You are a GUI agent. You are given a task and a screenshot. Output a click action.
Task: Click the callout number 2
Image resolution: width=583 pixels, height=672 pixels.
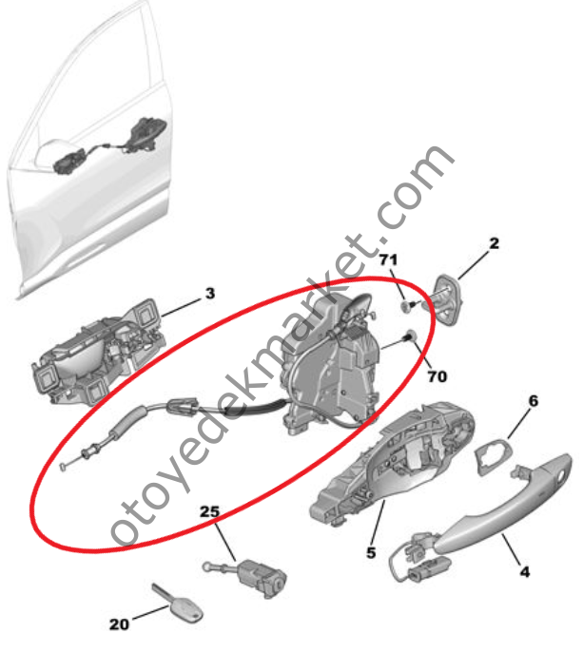(x=495, y=244)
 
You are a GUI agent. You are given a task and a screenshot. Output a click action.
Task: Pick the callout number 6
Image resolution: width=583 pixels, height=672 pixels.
(x=533, y=401)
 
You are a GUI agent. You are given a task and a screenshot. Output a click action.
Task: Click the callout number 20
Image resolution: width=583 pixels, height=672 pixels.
(x=119, y=624)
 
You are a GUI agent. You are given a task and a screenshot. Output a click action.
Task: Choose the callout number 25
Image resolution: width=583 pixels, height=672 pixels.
(x=209, y=511)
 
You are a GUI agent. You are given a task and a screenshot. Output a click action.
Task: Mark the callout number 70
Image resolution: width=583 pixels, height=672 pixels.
(x=436, y=376)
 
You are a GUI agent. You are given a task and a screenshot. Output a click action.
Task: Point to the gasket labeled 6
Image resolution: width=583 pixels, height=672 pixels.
(x=490, y=454)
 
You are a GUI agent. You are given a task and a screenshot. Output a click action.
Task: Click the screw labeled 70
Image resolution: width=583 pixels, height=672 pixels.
(x=408, y=336)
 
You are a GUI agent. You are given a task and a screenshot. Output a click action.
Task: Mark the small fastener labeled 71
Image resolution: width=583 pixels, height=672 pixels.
(x=406, y=306)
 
